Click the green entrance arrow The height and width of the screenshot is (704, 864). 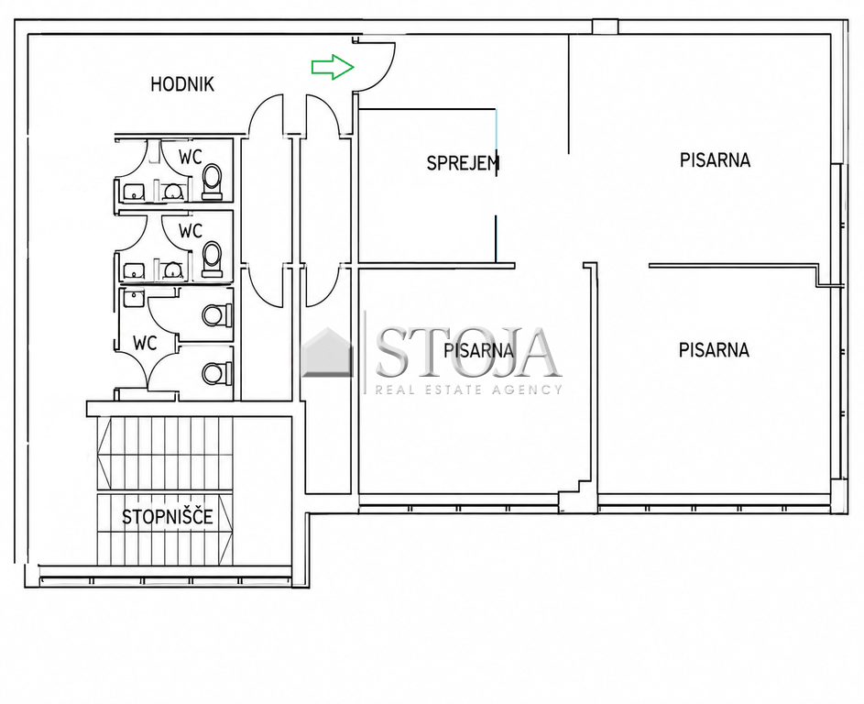[x=333, y=67]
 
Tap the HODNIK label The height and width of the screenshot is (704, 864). [x=182, y=84]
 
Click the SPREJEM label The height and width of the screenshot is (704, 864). [x=463, y=162]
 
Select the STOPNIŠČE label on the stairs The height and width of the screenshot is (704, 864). [x=168, y=517]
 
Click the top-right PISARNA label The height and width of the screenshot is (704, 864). [x=715, y=159]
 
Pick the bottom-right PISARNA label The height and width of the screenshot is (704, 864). [x=714, y=350]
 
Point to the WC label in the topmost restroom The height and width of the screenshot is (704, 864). [x=190, y=157]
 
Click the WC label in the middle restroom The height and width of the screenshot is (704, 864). [x=190, y=230]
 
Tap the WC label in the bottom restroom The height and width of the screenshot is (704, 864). [x=145, y=344]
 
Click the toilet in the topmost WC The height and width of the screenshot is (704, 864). [x=213, y=181]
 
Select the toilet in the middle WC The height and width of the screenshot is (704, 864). [x=213, y=258]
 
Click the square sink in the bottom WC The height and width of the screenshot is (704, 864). [x=132, y=298]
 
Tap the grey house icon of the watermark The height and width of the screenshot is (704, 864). [x=327, y=352]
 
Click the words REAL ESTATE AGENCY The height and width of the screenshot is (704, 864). [x=469, y=390]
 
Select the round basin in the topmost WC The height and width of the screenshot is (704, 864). [x=173, y=192]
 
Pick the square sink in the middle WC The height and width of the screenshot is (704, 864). [x=133, y=271]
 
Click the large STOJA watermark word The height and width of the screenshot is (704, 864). [x=466, y=351]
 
